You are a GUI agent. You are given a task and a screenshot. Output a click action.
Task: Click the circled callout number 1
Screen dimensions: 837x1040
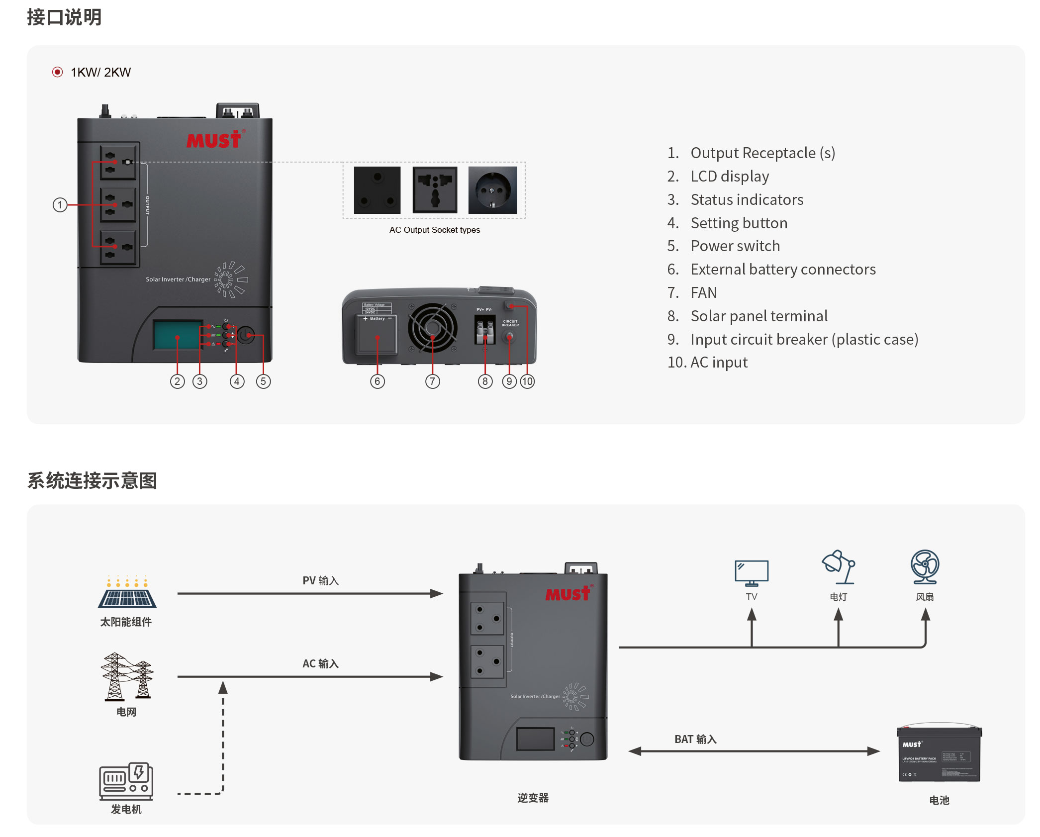(x=60, y=205)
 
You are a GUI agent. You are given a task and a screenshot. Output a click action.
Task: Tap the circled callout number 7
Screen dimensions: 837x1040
(x=432, y=381)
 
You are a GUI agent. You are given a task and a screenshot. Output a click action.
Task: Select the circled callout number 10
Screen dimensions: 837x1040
(x=527, y=381)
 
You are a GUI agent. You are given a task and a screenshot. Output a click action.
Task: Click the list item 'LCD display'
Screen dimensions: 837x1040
(x=729, y=176)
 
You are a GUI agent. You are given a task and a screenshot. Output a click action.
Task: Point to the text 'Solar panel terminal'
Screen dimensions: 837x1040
(x=758, y=316)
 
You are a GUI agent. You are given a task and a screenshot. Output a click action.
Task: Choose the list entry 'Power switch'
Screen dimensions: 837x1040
(x=735, y=246)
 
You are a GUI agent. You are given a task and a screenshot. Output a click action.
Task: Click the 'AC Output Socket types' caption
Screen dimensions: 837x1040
(x=434, y=230)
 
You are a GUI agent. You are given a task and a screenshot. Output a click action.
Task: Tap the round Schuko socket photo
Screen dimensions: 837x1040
(x=492, y=190)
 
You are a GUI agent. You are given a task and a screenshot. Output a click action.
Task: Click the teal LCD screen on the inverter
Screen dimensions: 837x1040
(x=178, y=335)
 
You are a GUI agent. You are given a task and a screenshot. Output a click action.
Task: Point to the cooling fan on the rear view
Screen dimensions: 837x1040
(x=432, y=327)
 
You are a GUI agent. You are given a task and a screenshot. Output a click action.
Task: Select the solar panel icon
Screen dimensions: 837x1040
(x=127, y=593)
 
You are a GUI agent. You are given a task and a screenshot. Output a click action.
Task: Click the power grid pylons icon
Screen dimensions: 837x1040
(x=127, y=677)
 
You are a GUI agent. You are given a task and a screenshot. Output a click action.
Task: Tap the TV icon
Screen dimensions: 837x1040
(x=752, y=572)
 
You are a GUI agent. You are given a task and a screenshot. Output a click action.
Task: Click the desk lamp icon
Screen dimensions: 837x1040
(x=839, y=567)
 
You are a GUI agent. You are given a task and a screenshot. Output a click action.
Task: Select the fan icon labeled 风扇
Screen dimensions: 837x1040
(x=925, y=567)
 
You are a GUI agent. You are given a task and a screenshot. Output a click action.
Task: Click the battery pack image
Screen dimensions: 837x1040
(x=939, y=753)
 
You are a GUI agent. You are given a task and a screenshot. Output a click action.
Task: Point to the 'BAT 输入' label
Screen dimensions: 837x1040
(x=695, y=740)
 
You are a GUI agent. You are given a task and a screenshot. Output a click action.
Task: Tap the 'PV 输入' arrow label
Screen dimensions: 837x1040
(x=320, y=581)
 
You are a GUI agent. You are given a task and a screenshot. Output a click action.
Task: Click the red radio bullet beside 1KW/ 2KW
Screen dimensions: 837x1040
(x=58, y=72)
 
